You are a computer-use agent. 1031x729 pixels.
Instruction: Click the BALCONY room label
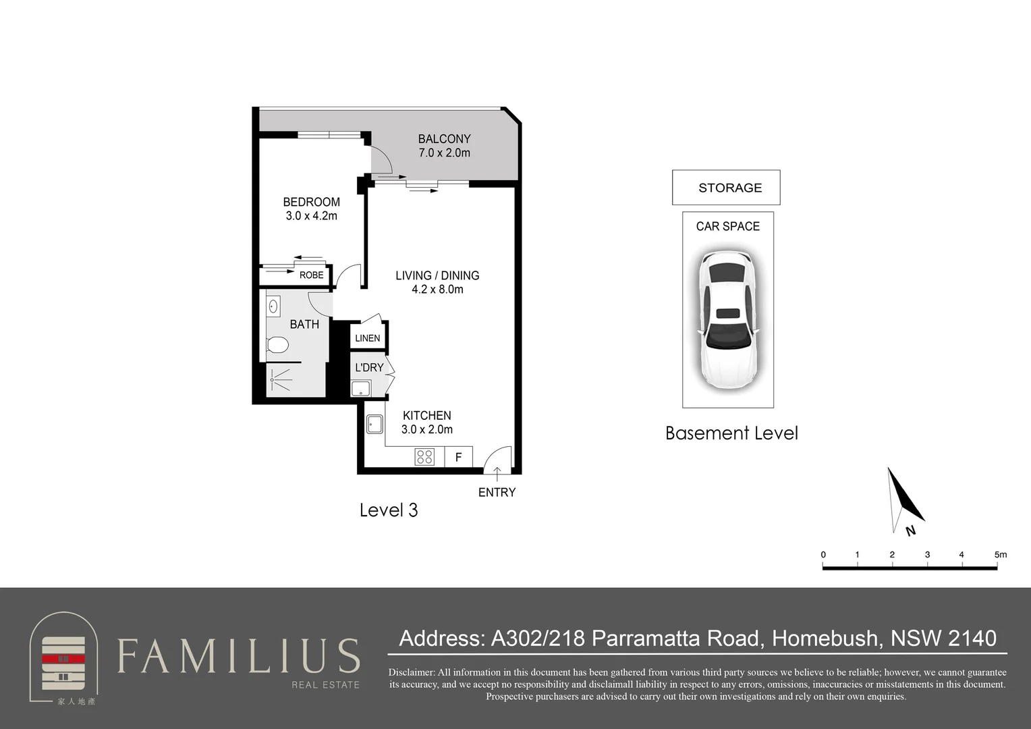(444, 138)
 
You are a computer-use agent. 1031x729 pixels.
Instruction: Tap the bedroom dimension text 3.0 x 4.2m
(312, 215)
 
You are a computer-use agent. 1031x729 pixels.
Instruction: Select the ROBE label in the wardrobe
(312, 275)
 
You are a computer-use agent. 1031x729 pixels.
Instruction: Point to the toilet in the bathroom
(277, 344)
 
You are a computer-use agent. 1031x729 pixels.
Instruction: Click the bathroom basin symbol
(273, 306)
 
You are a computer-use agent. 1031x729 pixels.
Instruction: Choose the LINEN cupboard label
(367, 338)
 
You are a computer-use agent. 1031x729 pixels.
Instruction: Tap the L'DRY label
(369, 367)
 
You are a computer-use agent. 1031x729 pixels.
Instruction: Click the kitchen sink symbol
(374, 424)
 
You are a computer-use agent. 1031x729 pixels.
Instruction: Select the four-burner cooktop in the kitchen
(424, 457)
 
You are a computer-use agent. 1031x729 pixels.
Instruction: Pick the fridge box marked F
(458, 457)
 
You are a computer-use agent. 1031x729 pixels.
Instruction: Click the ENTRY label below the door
(497, 492)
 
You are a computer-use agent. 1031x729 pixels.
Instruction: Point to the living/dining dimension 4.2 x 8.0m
(437, 289)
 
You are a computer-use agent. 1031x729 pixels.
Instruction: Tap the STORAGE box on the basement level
(726, 188)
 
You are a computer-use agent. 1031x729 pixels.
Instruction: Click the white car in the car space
(728, 319)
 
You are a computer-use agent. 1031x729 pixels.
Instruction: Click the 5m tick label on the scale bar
(1000, 554)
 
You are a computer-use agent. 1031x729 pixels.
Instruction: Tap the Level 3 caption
(389, 510)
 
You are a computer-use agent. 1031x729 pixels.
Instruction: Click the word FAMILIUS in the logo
(238, 655)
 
